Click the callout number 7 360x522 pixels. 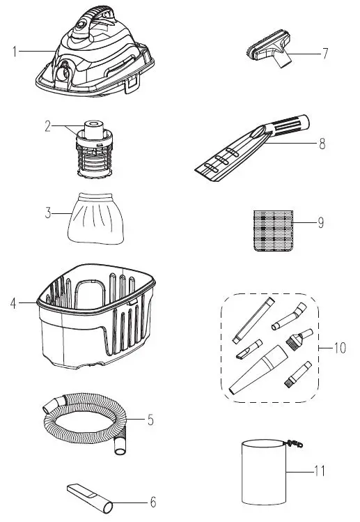tap(324, 53)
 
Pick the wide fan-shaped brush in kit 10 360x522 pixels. tap(295, 341)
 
